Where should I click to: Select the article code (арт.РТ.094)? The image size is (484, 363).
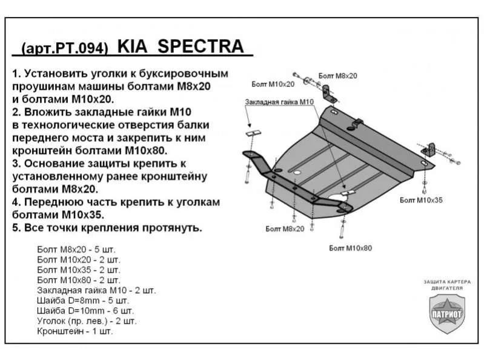pyautogui.click(x=65, y=48)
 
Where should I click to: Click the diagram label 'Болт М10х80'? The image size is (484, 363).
pyautogui.click(x=350, y=248)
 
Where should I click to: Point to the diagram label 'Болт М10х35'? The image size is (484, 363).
pyautogui.click(x=420, y=199)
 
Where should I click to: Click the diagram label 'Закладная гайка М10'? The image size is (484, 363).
pyautogui.click(x=279, y=102)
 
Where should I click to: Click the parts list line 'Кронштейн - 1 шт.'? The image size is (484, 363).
pyautogui.click(x=75, y=331)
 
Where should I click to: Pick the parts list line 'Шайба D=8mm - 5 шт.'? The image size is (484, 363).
pyautogui.click(x=83, y=301)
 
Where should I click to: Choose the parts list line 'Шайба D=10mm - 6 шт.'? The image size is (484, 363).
pyautogui.click(x=85, y=311)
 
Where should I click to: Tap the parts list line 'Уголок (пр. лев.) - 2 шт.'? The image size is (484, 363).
pyautogui.click(x=87, y=321)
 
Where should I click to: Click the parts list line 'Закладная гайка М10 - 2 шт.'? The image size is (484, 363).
pyautogui.click(x=96, y=290)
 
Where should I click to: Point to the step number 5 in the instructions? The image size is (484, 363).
pyautogui.click(x=15, y=229)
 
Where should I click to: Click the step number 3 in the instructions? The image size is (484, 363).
pyautogui.click(x=15, y=164)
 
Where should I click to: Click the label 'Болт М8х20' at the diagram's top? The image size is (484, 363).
pyautogui.click(x=337, y=75)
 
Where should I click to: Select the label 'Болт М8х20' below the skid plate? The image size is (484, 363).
pyautogui.click(x=284, y=228)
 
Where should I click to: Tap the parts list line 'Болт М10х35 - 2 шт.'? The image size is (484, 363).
pyautogui.click(x=79, y=270)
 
